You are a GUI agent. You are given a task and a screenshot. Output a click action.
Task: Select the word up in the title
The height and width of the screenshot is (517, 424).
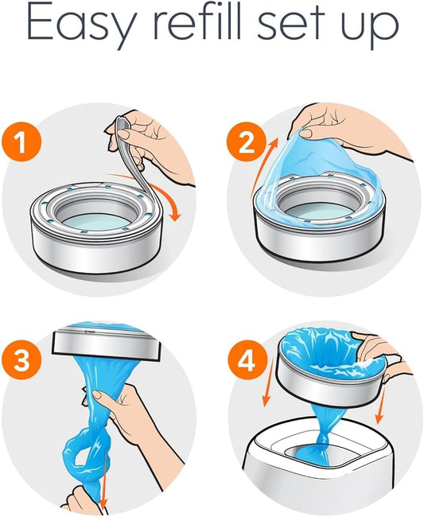[x=371, y=30]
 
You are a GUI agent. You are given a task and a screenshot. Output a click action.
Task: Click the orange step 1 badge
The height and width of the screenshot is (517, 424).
[x=28, y=146]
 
